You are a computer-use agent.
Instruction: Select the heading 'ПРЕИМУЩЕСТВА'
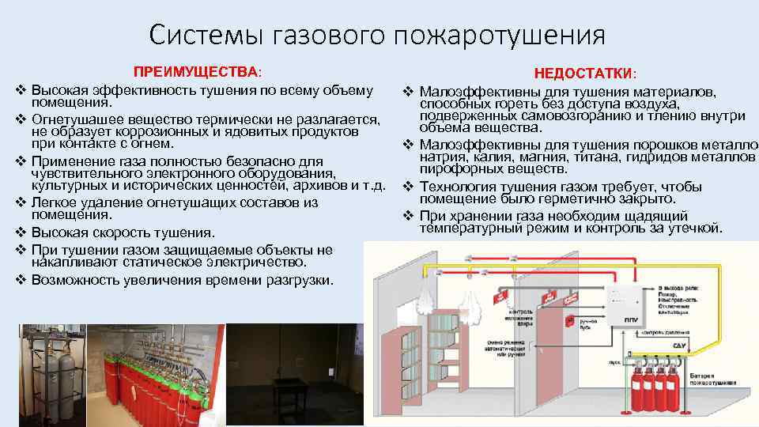[x=195, y=72]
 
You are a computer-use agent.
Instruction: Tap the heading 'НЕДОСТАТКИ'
[x=583, y=74]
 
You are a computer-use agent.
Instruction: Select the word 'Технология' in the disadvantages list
[x=455, y=187]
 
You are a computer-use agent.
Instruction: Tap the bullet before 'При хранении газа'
[x=409, y=217]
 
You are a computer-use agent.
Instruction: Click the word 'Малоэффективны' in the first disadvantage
[x=469, y=93]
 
